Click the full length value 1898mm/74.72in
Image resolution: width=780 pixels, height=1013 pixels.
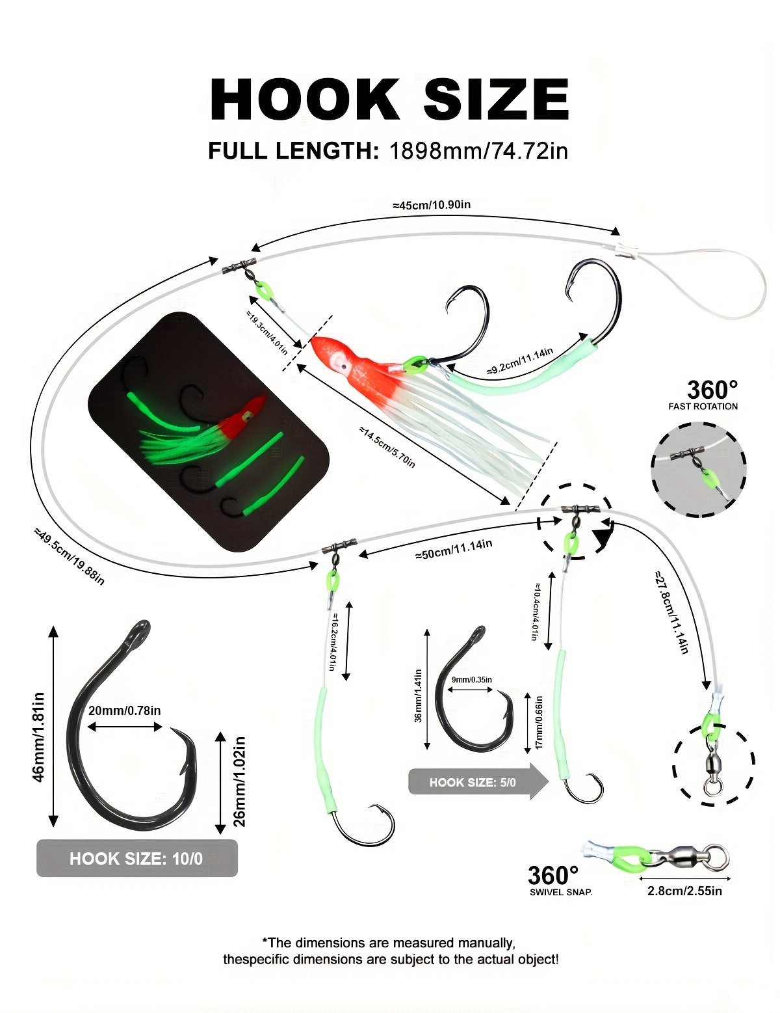[478, 151]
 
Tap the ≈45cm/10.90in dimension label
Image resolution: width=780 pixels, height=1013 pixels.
[432, 205]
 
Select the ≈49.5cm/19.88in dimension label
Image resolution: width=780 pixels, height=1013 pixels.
[70, 556]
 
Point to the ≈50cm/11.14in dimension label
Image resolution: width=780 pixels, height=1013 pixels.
[454, 550]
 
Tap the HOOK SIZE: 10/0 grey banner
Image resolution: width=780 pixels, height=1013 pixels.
[136, 858]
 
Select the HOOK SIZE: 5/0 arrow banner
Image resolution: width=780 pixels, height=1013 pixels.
[473, 782]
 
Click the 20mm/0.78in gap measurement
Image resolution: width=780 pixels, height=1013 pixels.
[124, 710]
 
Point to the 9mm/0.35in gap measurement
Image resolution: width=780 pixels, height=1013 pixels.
[472, 680]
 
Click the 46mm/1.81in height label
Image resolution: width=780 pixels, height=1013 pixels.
[38, 736]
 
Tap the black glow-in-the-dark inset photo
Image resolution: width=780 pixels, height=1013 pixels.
[208, 431]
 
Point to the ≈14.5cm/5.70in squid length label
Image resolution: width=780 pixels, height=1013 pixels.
[387, 447]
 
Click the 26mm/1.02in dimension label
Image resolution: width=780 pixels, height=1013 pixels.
[240, 781]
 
